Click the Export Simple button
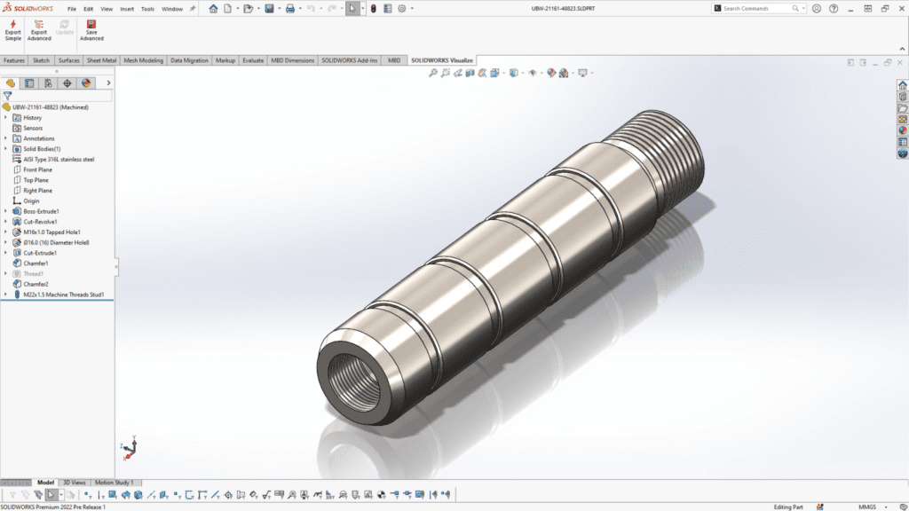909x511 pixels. [x=12, y=29]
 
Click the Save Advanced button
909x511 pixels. [x=91, y=29]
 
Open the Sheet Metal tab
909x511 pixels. [x=101, y=60]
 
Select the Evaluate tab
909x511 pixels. [x=253, y=60]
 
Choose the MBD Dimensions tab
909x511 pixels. [x=292, y=60]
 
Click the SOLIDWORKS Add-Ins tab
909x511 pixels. [x=350, y=60]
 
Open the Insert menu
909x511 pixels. [x=127, y=9]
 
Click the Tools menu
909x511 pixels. [x=147, y=9]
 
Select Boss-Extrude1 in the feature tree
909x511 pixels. [x=41, y=211]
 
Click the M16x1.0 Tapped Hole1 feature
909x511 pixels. [x=51, y=232]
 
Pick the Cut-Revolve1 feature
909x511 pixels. [x=40, y=222]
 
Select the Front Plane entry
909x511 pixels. [x=37, y=169]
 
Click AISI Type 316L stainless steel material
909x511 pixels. [x=59, y=160]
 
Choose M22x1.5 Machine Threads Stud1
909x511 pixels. [x=64, y=295]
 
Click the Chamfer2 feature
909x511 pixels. [x=36, y=284]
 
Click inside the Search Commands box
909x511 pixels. [x=759, y=9]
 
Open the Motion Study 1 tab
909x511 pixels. [x=114, y=483]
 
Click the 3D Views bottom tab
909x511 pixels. [x=75, y=483]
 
